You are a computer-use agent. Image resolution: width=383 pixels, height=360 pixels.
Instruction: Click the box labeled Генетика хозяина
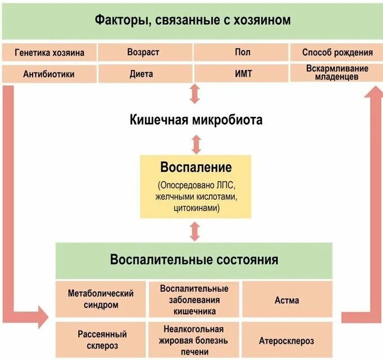point(50,52)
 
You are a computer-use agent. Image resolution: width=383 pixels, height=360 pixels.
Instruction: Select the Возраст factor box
point(145,52)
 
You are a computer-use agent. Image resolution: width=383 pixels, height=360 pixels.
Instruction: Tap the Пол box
point(241,52)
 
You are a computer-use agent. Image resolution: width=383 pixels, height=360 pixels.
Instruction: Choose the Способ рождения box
point(337,52)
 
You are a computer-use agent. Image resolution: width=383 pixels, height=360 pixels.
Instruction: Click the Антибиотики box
point(50,74)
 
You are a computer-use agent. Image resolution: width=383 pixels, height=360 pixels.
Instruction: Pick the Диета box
point(145,74)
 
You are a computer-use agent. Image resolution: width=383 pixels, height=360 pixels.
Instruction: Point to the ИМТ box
point(241,74)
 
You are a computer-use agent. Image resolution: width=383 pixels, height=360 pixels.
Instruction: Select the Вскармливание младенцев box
point(337,73)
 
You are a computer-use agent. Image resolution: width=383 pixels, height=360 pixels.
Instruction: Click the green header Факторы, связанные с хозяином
point(192,21)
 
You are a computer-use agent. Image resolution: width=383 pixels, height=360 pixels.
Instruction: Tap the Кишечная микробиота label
point(195,120)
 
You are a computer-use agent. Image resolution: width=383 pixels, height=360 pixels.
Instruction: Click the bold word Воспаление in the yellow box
point(195,167)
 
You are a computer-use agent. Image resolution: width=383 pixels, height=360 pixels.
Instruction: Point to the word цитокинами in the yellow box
point(195,208)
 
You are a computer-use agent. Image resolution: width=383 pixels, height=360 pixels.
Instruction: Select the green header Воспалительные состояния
point(194,260)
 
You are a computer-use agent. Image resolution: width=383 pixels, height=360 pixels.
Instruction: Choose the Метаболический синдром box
point(101,299)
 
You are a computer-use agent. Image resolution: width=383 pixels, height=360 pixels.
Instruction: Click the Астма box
point(287,300)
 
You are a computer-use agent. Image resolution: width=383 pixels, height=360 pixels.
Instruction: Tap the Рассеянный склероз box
point(101,340)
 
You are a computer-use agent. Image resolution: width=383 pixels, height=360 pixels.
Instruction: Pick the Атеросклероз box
point(287,340)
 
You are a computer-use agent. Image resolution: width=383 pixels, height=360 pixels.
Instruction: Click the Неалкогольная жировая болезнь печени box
point(194,340)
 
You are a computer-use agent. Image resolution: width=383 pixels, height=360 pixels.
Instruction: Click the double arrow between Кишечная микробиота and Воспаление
point(196,144)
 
